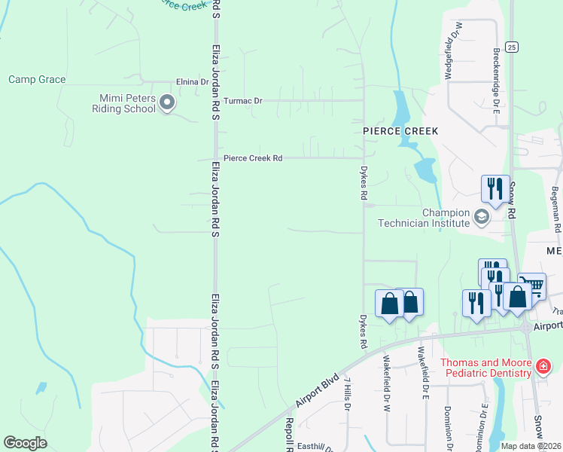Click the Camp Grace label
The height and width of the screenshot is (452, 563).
click(x=37, y=80)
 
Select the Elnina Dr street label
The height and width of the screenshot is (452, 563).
click(x=192, y=81)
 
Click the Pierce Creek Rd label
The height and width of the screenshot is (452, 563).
click(x=252, y=159)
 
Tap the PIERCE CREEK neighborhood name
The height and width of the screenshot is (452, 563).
click(x=400, y=131)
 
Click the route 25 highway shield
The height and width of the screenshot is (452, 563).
click(x=511, y=47)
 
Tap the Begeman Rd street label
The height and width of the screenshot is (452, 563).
click(x=555, y=209)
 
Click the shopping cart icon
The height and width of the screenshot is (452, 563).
click(x=531, y=285)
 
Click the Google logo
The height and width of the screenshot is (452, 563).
click(x=25, y=443)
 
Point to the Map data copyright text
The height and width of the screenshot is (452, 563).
click(x=531, y=446)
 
